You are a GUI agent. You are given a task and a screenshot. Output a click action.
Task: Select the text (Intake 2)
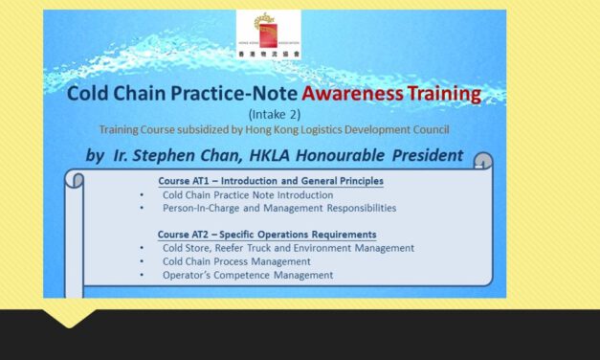pyautogui.click(x=275, y=114)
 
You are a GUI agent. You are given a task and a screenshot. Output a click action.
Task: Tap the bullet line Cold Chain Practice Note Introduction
pyautogui.click(x=234, y=194)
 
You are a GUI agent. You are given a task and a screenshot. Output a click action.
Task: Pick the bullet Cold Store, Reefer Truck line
pyautogui.click(x=287, y=248)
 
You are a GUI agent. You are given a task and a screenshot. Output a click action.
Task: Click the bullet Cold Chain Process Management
pyautogui.click(x=235, y=261)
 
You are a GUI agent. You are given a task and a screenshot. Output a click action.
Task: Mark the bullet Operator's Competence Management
pyautogui.click(x=247, y=275)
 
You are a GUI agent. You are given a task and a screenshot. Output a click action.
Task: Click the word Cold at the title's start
pyautogui.click(x=86, y=94)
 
